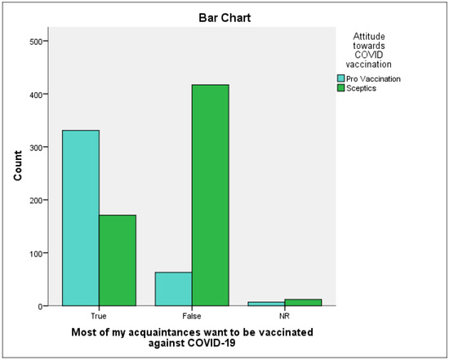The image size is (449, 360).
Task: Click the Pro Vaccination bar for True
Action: [x=80, y=218]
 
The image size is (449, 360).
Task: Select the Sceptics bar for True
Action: [x=118, y=260]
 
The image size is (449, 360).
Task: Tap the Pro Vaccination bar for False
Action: [x=173, y=289]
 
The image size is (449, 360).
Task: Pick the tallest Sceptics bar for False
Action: [x=211, y=195]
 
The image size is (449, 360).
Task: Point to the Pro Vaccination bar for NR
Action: [x=266, y=304]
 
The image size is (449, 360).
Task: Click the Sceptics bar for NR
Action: [x=304, y=302]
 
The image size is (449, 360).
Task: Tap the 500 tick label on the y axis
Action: [x=38, y=41]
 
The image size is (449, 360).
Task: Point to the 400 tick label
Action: [x=38, y=94]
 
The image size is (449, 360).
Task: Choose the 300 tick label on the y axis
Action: [x=38, y=147]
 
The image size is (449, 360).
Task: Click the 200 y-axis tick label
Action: [x=38, y=200]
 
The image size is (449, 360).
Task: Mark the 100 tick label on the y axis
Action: [x=38, y=253]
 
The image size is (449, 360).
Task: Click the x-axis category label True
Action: [x=99, y=314]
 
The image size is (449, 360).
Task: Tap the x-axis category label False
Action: [x=192, y=314]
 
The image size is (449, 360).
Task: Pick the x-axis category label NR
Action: [x=285, y=314]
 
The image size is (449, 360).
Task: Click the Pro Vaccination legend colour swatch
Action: [x=342, y=79]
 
